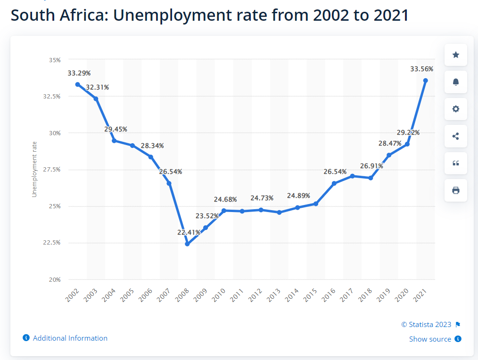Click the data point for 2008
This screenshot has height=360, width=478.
[188, 244]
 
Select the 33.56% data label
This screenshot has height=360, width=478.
[421, 69]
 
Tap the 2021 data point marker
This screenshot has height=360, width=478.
[426, 81]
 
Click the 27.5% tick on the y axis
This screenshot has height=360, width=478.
[53, 170]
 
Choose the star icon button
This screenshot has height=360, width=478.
[456, 55]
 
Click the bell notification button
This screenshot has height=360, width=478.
[456, 82]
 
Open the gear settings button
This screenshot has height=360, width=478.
[456, 109]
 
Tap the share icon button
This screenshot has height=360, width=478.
[456, 136]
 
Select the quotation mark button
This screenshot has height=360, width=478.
[456, 163]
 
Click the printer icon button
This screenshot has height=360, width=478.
[456, 190]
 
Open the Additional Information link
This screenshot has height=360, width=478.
[70, 338]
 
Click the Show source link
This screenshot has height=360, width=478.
[430, 339]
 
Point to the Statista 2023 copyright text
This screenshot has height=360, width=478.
[426, 325]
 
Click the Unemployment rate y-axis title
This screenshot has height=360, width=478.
[34, 169]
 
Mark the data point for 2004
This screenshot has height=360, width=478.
[115, 141]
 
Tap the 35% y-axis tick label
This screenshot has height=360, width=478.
[55, 60]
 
